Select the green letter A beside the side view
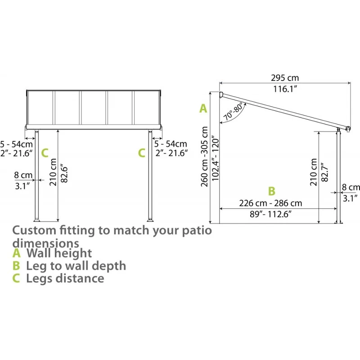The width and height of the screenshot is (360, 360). (203, 108)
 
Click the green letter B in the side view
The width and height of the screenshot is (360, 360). (271, 191)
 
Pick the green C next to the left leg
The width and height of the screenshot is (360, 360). (45, 153)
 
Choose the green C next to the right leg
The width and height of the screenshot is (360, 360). (142, 153)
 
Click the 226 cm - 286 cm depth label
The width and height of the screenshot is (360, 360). (270, 203)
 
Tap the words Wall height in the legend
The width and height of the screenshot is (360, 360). (59, 253)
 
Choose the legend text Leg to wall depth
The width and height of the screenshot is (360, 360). (76, 265)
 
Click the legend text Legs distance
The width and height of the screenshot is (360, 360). (65, 278)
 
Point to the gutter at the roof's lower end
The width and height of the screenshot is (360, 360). (348, 129)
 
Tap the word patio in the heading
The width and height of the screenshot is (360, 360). (195, 231)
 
